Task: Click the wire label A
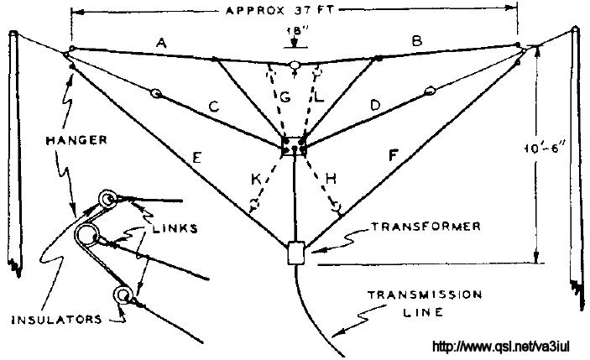(x=161, y=43)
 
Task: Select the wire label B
(x=417, y=40)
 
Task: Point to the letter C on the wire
(x=214, y=107)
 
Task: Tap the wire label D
(x=375, y=106)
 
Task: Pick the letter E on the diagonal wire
(x=196, y=158)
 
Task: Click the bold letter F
(x=394, y=155)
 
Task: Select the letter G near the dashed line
(x=285, y=97)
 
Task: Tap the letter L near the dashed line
(x=319, y=97)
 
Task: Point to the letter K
(x=256, y=179)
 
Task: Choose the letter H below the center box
(x=331, y=179)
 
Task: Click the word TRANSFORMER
(x=426, y=227)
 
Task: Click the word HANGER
(x=76, y=140)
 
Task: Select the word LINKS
(x=175, y=228)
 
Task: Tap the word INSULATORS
(x=57, y=320)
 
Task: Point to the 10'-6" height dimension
(x=544, y=149)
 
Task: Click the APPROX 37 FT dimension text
(x=279, y=10)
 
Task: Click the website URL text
(x=501, y=346)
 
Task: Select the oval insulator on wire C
(x=155, y=92)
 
